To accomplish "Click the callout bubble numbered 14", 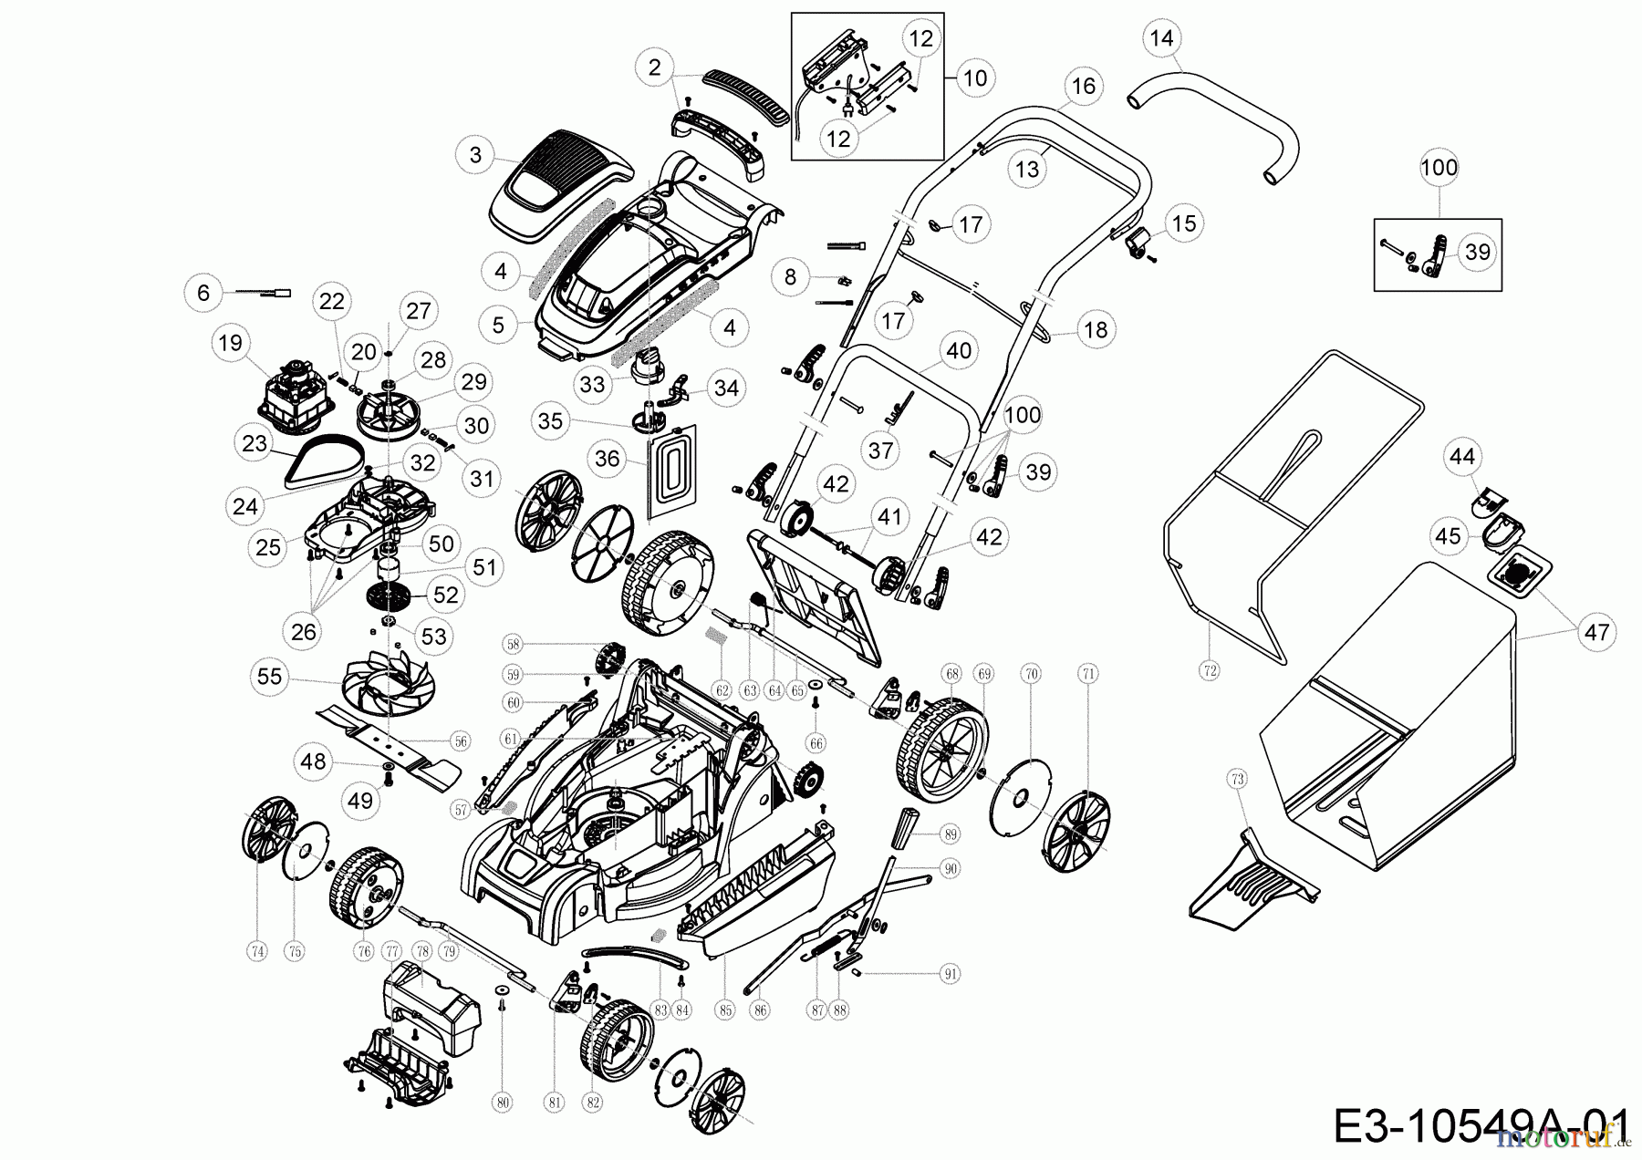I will [1161, 38].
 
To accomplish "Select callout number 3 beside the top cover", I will [475, 155].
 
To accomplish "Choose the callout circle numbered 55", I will [271, 676].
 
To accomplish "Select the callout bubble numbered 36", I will [607, 459].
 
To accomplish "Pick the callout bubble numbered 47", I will [1596, 632].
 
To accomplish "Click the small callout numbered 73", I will [1237, 779].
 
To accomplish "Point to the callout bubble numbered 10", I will [975, 78].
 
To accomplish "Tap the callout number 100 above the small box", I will [1439, 168].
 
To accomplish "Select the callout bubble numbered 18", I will [1096, 329].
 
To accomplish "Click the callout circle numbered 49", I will [361, 801].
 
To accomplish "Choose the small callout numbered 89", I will [951, 834].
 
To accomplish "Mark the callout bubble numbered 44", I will [1461, 456].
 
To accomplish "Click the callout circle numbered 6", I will [203, 292].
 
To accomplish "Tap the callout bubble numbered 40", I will [959, 350].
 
